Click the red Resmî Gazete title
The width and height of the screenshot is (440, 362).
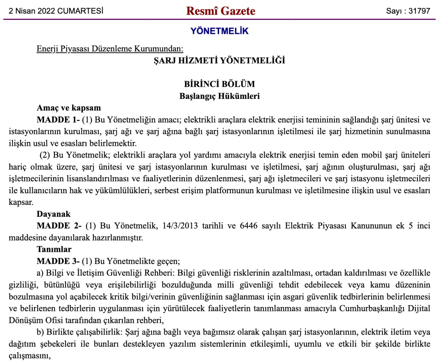click(220, 11)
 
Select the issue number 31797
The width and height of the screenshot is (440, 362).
click(419, 11)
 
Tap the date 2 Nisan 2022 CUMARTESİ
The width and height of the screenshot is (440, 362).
click(56, 11)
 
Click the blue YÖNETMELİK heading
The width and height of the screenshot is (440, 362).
click(220, 31)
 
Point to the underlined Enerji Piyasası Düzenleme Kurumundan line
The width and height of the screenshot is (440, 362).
click(110, 49)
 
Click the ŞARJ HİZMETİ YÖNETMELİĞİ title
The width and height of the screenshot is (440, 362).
click(220, 60)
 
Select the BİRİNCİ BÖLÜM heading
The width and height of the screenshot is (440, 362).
click(220, 84)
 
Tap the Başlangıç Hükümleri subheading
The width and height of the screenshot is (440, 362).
click(220, 96)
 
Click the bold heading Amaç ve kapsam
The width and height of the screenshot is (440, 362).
click(68, 108)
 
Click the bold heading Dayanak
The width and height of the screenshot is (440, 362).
click(53, 214)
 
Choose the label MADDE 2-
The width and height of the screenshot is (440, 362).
click(59, 226)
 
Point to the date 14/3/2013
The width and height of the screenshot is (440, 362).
click(179, 226)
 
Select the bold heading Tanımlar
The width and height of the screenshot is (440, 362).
click(54, 249)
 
